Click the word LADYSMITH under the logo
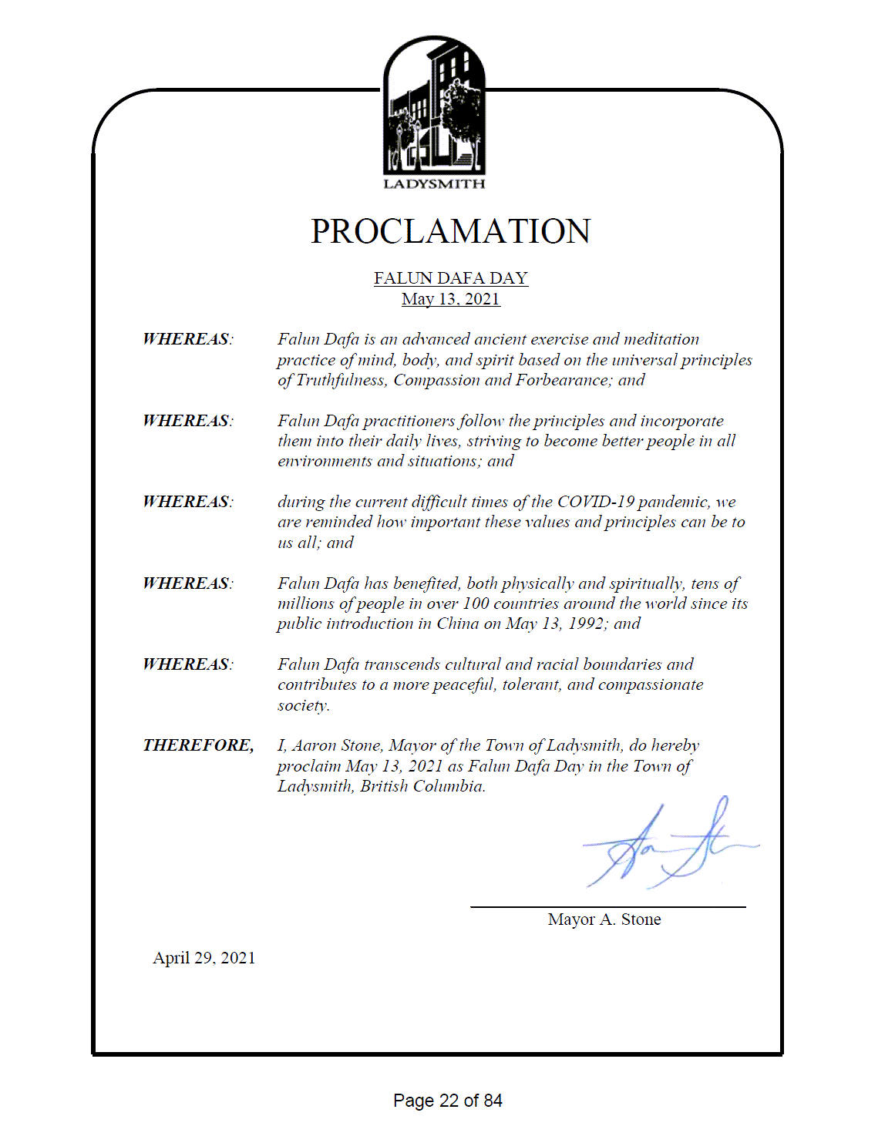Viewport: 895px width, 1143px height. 434,184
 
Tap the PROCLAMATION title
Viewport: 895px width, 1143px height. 450,231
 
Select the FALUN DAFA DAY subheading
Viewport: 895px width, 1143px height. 450,277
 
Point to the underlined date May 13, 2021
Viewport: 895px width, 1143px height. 450,299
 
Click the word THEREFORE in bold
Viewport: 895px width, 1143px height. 197,745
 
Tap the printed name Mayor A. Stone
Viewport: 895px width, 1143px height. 604,919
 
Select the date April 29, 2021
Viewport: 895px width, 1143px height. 204,958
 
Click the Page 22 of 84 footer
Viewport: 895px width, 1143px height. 447,1101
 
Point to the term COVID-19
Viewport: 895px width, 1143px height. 595,502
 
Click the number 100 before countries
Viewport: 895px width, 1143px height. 476,603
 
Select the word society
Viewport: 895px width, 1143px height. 303,705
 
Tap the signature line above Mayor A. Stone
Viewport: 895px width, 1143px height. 607,907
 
